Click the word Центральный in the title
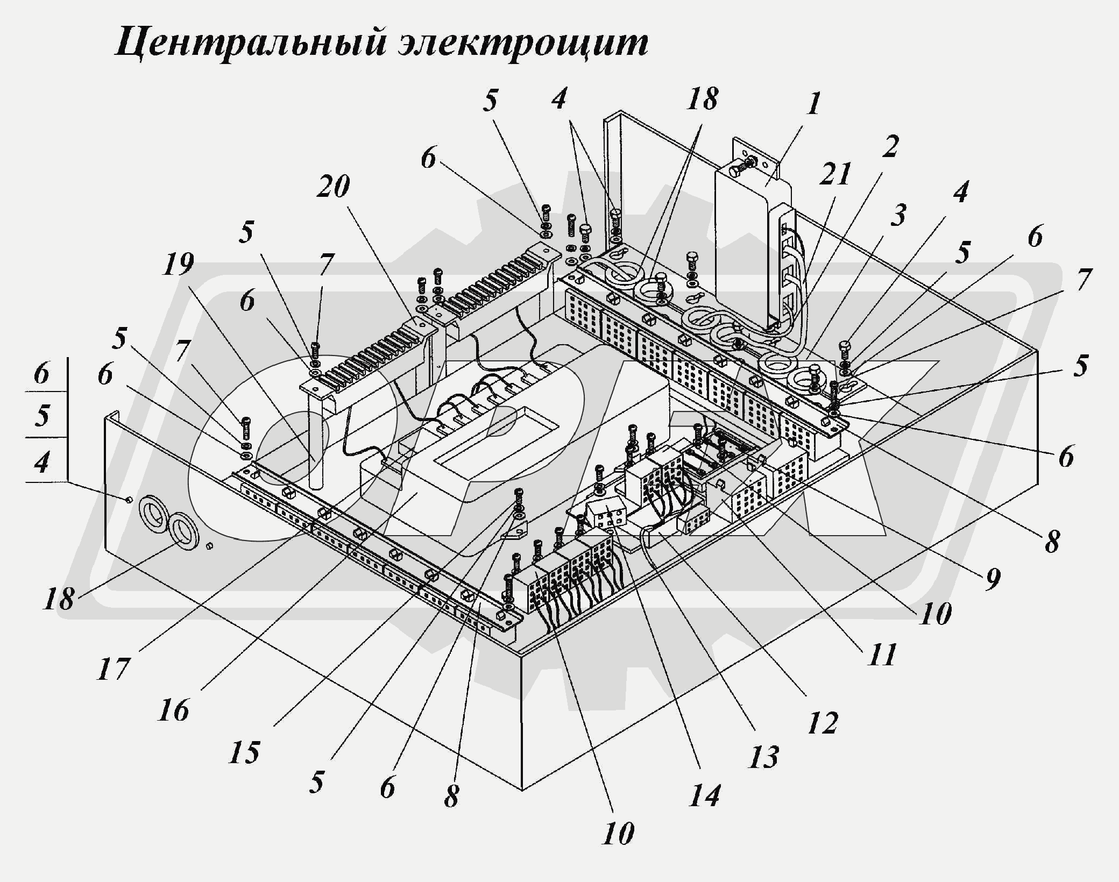point(249,43)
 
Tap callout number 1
point(815,104)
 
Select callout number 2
point(889,146)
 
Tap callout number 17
point(114,668)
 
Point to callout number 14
point(704,794)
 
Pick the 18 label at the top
point(703,99)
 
